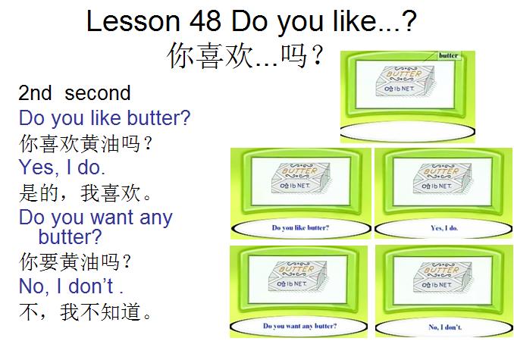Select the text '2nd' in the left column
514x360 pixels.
pos(36,93)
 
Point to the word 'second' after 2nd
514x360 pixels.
pos(98,93)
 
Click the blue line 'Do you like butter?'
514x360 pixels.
pos(105,118)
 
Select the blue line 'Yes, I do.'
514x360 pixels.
pos(62,167)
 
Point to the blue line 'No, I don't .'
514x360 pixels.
pos(71,286)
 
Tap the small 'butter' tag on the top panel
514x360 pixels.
pos(448,55)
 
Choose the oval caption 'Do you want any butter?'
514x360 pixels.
pos(300,326)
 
